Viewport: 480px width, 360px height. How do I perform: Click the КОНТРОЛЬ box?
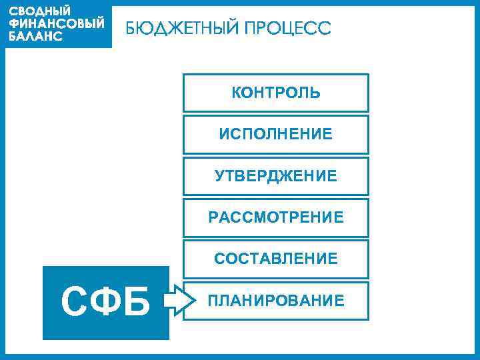275,93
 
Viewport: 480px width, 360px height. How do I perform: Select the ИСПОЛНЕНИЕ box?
275,134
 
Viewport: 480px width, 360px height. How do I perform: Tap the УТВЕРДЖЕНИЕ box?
275,176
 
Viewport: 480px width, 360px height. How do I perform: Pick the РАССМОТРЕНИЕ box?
275,217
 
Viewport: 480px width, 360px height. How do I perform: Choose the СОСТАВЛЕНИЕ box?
275,258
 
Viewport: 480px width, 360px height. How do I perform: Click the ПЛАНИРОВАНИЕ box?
275,301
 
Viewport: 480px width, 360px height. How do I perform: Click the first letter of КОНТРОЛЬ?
236,93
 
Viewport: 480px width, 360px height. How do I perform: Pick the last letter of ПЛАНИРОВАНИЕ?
340,301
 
